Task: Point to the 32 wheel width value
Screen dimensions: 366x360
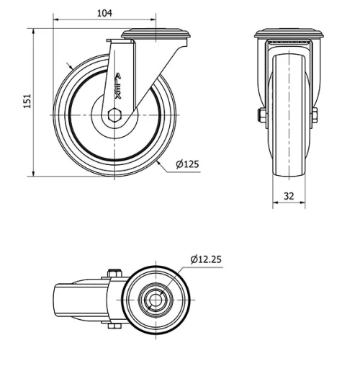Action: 289,195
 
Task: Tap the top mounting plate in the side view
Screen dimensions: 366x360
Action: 156,33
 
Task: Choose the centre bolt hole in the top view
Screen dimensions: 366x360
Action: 155,298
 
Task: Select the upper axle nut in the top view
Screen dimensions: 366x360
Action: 112,273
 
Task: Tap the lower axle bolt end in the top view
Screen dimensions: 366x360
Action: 113,326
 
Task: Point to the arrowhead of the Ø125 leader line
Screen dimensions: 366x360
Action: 158,164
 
